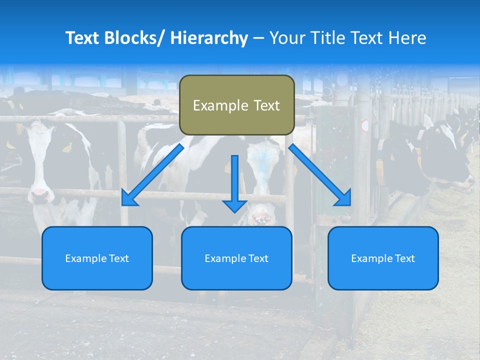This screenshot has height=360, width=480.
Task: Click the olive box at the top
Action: pos(236,105)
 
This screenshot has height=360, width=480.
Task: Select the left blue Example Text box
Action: pos(97,258)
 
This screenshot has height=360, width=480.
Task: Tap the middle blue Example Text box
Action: pos(236,258)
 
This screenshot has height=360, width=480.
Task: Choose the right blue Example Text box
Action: pos(383,258)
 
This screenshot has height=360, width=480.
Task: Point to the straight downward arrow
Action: pos(235,183)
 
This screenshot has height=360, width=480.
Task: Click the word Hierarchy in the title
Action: pos(209,38)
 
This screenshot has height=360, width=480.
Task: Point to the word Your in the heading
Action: pos(286,38)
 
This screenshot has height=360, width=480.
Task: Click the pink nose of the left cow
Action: pos(39,192)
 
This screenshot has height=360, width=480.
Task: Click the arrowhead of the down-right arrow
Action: pos(343,197)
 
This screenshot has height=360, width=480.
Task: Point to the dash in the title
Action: pos(258,38)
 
